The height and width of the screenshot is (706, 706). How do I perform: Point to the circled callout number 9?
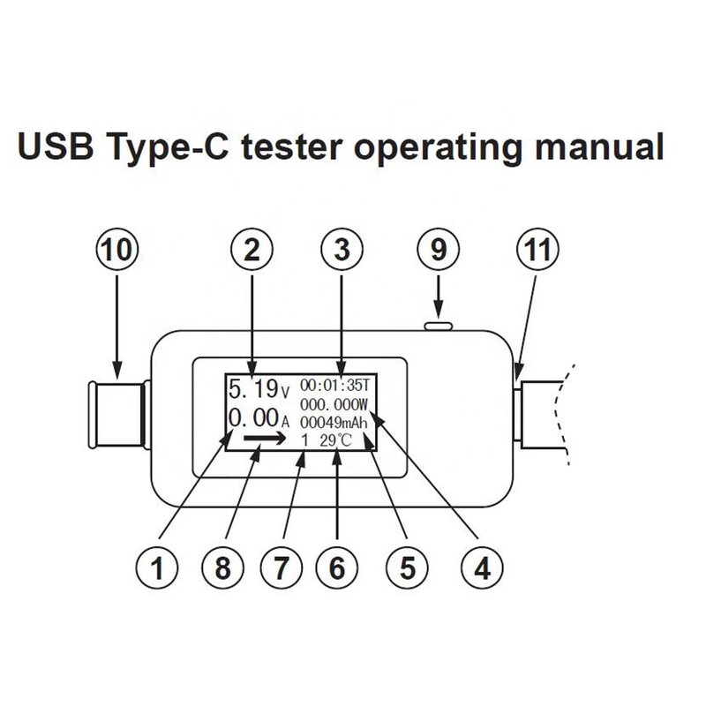pos(439,252)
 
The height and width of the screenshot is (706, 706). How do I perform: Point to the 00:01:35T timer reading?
pos(338,385)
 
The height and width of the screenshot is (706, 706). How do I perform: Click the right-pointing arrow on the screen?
pos(262,438)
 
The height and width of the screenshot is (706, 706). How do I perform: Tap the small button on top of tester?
pos(439,327)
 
